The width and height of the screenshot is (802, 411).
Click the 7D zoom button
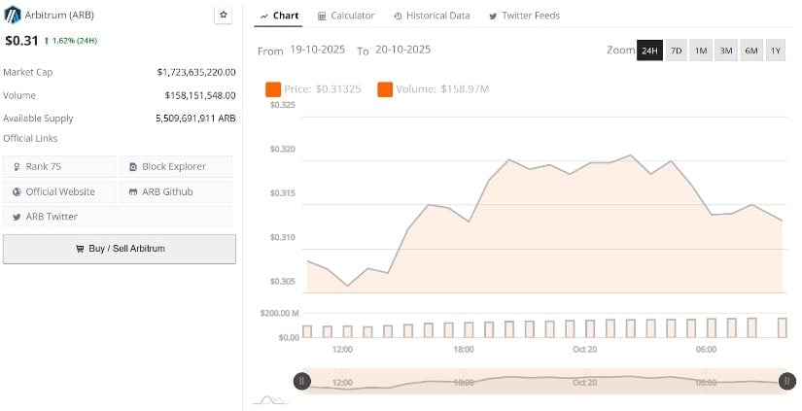point(676,50)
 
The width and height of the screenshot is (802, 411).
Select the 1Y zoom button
point(775,50)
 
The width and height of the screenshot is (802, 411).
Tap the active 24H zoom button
point(649,50)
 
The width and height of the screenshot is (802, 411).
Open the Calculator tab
point(346,16)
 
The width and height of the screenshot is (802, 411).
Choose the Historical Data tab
point(432,16)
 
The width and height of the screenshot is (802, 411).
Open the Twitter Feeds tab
point(524,16)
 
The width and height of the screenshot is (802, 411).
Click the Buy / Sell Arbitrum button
point(120,249)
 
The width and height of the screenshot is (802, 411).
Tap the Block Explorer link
point(175,166)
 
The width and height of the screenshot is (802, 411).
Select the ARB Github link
point(175,191)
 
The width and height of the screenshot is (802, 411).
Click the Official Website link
point(59,191)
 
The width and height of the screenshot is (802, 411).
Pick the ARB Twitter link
point(59,217)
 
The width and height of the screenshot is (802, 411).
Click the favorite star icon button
point(223,15)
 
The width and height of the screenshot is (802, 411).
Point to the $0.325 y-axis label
point(282,104)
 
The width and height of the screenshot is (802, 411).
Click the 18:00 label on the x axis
point(463,349)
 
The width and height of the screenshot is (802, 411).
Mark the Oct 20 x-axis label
point(584,349)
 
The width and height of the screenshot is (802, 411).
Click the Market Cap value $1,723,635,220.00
point(195,72)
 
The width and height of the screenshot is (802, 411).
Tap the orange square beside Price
point(273,89)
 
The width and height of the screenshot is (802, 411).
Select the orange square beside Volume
point(384,89)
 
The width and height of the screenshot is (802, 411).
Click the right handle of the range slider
point(787,381)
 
